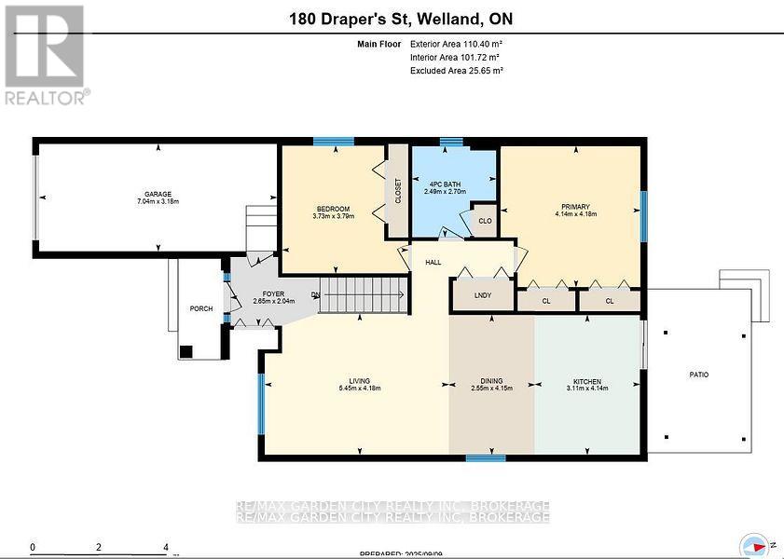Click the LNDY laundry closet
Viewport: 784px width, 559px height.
click(482, 295)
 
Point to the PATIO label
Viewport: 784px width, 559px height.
click(698, 375)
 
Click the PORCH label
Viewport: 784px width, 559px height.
click(200, 308)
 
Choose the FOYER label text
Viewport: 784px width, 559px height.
click(259, 294)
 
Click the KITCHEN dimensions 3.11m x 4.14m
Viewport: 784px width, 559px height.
click(586, 389)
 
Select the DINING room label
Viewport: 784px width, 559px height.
click(491, 381)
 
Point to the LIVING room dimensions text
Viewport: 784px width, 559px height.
click(359, 389)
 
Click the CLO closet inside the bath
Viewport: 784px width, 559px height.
click(485, 221)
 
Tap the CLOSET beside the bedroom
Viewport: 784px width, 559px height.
click(398, 190)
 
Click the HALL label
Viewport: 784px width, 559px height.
click(433, 263)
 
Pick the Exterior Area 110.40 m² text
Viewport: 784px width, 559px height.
click(457, 44)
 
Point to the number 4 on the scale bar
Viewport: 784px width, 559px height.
click(166, 548)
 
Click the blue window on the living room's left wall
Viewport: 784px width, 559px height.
click(261, 403)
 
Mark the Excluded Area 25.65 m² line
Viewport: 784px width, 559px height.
click(457, 71)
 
